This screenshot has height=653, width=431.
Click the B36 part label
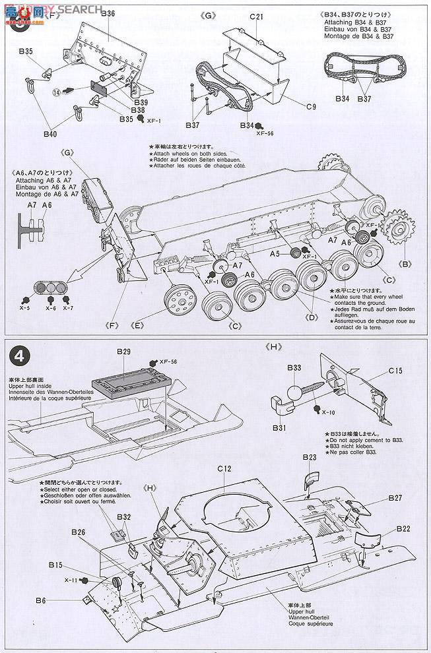[x=108, y=13]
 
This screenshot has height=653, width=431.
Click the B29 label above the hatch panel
[x=125, y=353]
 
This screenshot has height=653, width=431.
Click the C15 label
[x=395, y=371]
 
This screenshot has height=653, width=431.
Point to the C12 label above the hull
[x=224, y=468]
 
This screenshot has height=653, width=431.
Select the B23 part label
[x=310, y=457]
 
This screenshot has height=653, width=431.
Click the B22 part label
[x=404, y=528]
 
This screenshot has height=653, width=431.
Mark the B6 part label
[x=41, y=600]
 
